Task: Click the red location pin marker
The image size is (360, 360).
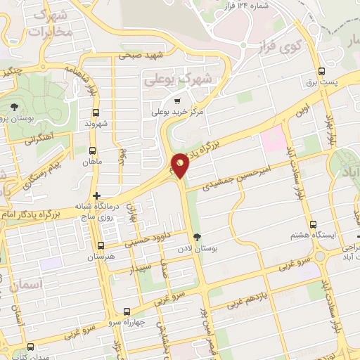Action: click(181, 165)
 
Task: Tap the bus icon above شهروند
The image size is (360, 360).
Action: click(96, 112)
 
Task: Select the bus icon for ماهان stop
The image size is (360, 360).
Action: click(94, 150)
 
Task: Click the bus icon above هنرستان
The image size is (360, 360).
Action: click(101, 246)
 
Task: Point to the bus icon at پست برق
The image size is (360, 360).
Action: click(322, 71)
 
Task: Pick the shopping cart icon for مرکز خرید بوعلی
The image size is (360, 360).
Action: click(161, 101)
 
